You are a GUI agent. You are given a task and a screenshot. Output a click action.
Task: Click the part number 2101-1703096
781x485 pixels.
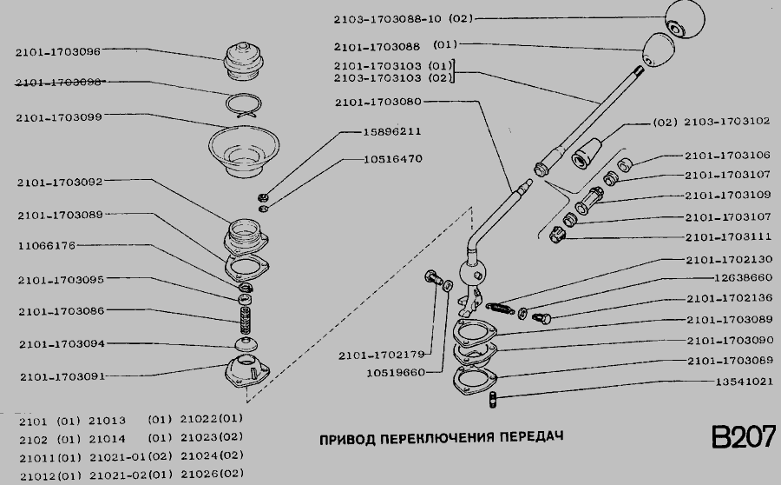tap(58, 51)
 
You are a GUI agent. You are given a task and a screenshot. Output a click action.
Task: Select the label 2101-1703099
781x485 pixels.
tap(59, 117)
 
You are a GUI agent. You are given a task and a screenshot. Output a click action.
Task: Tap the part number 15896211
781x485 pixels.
tap(392, 132)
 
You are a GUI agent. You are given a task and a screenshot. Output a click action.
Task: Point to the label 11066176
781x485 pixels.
tap(47, 245)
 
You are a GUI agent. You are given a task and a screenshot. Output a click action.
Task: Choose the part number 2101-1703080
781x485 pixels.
tap(378, 102)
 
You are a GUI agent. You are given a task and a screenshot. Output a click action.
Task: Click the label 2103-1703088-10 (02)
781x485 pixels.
tap(403, 19)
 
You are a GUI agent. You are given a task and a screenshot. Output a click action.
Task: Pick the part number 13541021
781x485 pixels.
tap(745, 382)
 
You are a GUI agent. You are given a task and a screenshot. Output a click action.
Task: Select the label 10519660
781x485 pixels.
tap(396, 373)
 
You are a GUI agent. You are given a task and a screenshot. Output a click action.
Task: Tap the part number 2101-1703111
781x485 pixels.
tap(728, 237)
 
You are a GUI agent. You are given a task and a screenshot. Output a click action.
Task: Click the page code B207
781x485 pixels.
tap(743, 437)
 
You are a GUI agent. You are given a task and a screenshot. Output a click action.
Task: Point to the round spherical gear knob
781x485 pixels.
tap(685, 19)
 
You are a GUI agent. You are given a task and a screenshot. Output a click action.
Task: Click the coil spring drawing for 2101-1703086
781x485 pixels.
tap(246, 321)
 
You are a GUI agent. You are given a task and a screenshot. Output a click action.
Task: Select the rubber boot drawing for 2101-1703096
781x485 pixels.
tap(244, 62)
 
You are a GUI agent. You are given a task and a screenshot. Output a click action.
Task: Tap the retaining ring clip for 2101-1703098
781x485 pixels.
tap(243, 106)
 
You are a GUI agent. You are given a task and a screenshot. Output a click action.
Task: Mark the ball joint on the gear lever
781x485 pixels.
tap(471, 272)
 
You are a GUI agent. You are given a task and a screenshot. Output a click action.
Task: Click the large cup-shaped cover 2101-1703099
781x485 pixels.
tap(244, 151)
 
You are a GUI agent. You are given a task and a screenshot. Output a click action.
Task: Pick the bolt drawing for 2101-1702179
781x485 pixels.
tap(433, 277)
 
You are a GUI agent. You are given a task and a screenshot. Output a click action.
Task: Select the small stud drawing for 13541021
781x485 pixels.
tap(493, 400)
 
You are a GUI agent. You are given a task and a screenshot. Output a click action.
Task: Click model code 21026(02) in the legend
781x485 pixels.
tap(212, 474)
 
